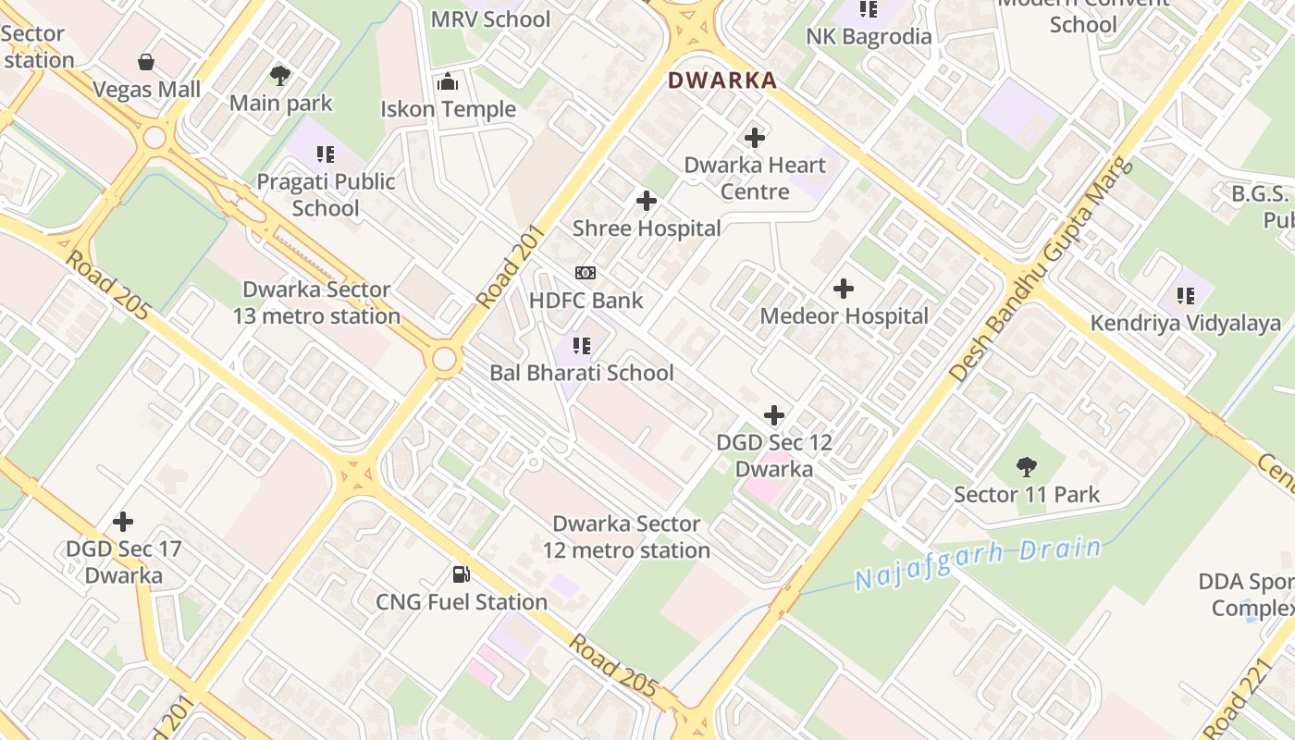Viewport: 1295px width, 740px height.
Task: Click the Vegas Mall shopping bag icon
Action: tap(146, 62)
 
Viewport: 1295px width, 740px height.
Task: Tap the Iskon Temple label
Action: tap(449, 109)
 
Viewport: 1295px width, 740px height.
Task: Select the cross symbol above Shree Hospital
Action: tap(647, 200)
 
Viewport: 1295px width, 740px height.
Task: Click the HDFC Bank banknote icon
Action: tap(586, 273)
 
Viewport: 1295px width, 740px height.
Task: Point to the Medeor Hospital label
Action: tap(844, 316)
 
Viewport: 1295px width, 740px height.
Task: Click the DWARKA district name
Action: tap(722, 80)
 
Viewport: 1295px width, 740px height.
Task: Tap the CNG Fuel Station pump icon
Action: tap(461, 574)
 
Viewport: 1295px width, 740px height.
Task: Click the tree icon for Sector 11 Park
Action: tap(1026, 466)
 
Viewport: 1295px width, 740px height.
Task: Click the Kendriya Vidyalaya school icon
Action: tap(1186, 296)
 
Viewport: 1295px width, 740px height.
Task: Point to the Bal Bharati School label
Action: tap(582, 374)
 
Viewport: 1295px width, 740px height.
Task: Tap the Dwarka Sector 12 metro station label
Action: tap(626, 537)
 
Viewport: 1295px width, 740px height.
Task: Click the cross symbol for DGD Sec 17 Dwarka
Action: tap(123, 522)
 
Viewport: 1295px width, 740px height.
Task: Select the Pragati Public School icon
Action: tap(325, 154)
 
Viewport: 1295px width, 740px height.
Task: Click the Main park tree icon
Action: tap(280, 75)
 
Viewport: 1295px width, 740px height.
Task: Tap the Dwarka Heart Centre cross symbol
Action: tap(755, 138)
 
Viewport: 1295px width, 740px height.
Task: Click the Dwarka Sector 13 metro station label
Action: tap(316, 303)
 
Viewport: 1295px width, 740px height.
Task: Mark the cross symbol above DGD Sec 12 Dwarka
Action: tap(774, 415)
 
